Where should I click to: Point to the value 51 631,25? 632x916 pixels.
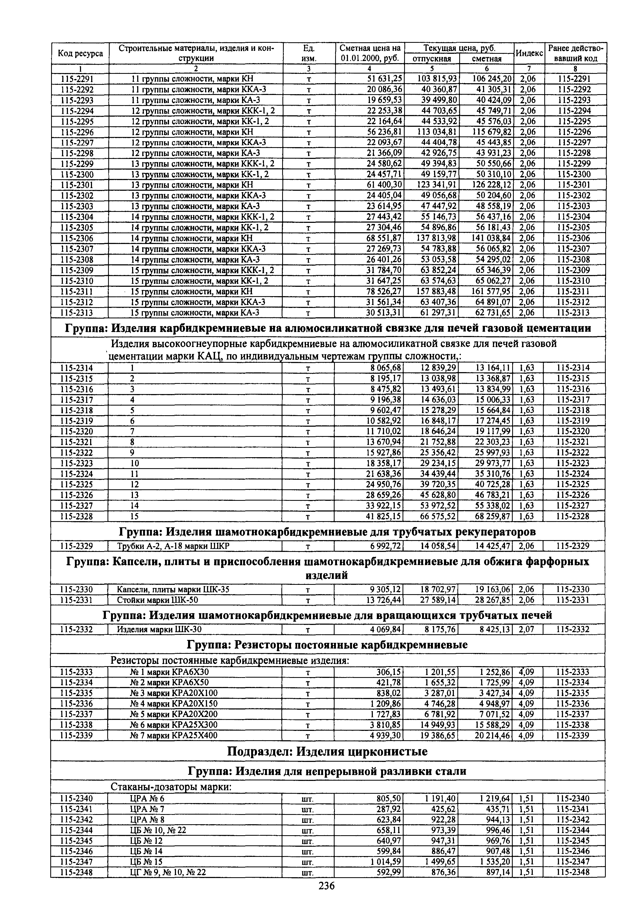[x=384, y=78]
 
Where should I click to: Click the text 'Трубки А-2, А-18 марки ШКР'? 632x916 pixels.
[x=173, y=546]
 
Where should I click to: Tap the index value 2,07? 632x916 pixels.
[x=526, y=629]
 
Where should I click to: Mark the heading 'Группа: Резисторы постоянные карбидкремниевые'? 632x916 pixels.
[x=327, y=645]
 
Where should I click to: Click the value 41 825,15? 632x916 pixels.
[x=384, y=516]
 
